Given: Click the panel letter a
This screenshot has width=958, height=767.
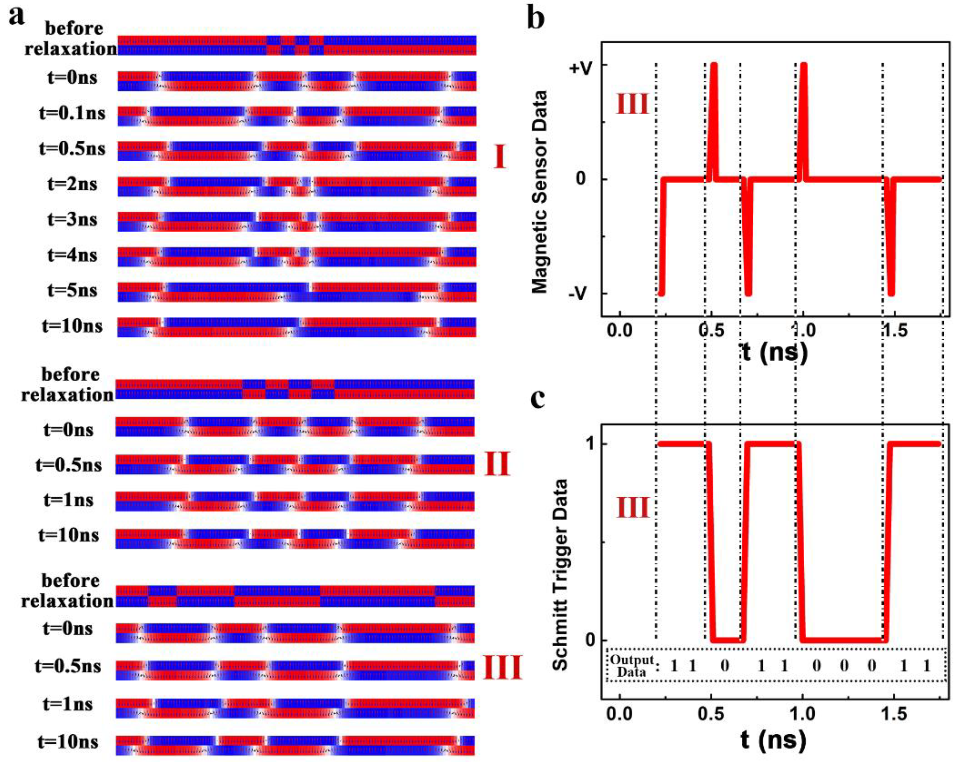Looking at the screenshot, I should [x=17, y=17].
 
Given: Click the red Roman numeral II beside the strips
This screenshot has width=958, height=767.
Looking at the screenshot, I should [x=497, y=464].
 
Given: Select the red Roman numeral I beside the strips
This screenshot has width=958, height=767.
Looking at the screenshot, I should [x=500, y=157].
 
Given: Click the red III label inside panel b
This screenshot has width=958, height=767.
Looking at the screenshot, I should [x=632, y=105].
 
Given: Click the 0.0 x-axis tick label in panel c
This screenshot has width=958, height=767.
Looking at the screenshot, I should [x=619, y=714].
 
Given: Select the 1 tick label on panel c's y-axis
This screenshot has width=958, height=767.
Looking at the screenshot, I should [x=591, y=444].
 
